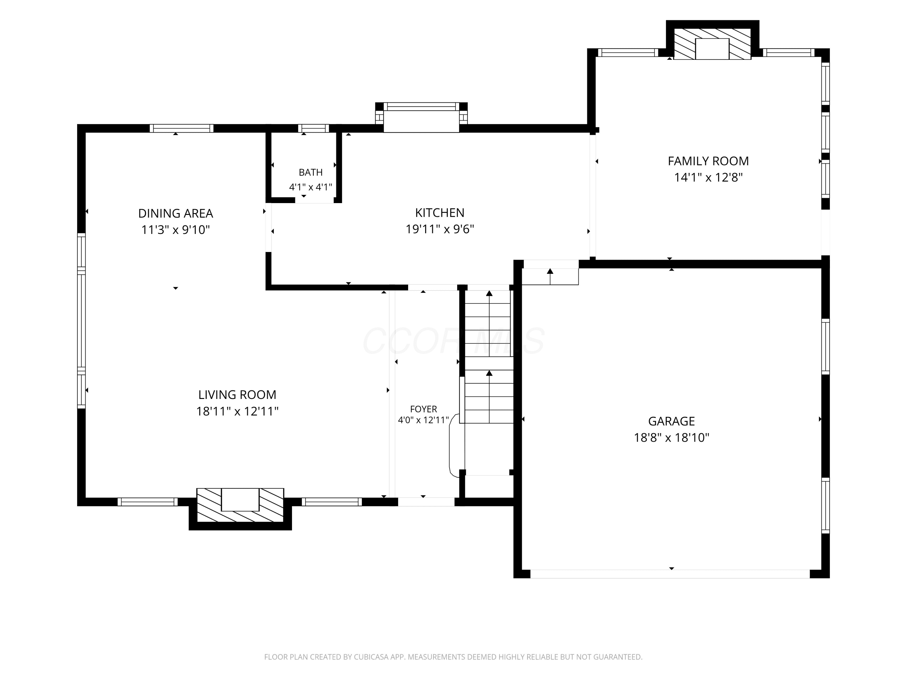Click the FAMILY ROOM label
pos(708,161)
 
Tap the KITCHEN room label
pos(440,213)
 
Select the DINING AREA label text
pos(175,214)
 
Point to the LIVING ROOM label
pos(237,395)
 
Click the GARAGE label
pos(671,421)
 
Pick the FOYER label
pos(424,409)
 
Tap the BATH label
pos(310,173)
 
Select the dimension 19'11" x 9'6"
pos(440,229)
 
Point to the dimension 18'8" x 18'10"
pos(671,438)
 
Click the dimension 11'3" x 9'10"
pos(175,230)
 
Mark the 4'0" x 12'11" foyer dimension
pos(424,420)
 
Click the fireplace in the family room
pos(712,45)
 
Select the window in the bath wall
pos(313,128)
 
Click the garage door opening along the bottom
pos(670,574)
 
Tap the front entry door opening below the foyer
pos(426,502)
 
